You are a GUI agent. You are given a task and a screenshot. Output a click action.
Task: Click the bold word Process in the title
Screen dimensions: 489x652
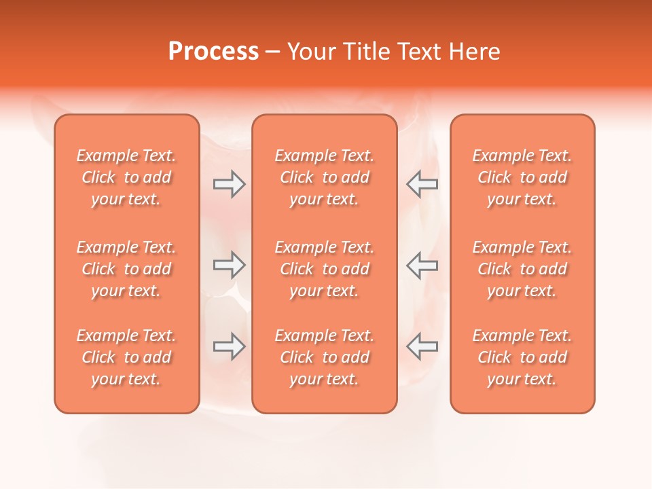tap(213, 52)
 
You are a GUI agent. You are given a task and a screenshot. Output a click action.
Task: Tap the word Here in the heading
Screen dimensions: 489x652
tap(474, 52)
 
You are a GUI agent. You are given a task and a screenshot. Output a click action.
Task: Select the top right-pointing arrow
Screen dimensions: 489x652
tap(229, 184)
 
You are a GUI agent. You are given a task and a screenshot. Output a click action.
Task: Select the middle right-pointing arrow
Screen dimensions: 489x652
tap(229, 266)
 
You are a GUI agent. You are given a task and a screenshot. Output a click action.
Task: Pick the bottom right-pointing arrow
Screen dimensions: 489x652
tap(229, 346)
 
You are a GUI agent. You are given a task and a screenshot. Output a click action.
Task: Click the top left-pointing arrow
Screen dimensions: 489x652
tap(422, 184)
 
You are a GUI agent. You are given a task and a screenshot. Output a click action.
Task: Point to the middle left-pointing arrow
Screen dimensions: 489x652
tap(422, 266)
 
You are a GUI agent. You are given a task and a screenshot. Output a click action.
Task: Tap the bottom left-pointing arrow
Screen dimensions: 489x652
tap(422, 346)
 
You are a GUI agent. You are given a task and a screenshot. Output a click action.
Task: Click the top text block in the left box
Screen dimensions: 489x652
tap(126, 177)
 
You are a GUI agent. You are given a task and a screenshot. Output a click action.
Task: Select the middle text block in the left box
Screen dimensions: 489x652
tap(126, 269)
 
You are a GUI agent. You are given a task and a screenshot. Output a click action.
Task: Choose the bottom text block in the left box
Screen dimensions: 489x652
tap(126, 357)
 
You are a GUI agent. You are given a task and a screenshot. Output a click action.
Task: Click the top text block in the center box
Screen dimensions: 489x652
tap(324, 177)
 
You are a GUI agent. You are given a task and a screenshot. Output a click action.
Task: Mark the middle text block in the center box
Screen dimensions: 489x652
tap(324, 269)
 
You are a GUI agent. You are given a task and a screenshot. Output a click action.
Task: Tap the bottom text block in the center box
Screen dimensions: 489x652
tap(324, 357)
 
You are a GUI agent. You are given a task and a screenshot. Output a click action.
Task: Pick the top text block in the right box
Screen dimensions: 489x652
tap(522, 177)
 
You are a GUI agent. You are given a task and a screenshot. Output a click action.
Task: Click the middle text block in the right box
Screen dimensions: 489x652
tap(522, 269)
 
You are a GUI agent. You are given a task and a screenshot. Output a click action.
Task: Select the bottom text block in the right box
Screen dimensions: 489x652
tap(522, 357)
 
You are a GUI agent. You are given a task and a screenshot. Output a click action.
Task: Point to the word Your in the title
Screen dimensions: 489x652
tap(311, 52)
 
